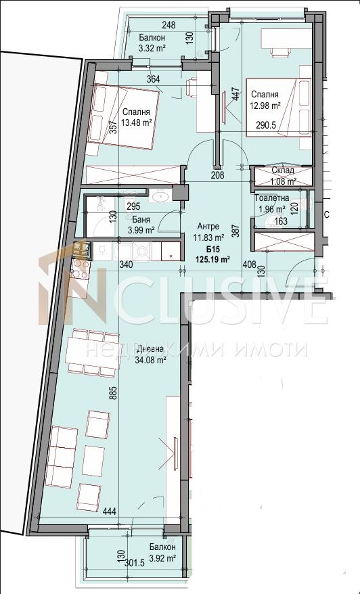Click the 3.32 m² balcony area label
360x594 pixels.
152,48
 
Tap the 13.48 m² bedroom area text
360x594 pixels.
137,123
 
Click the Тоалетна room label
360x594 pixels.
272,198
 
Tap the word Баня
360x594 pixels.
141,219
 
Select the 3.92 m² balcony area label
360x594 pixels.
162,558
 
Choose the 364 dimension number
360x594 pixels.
153,80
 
